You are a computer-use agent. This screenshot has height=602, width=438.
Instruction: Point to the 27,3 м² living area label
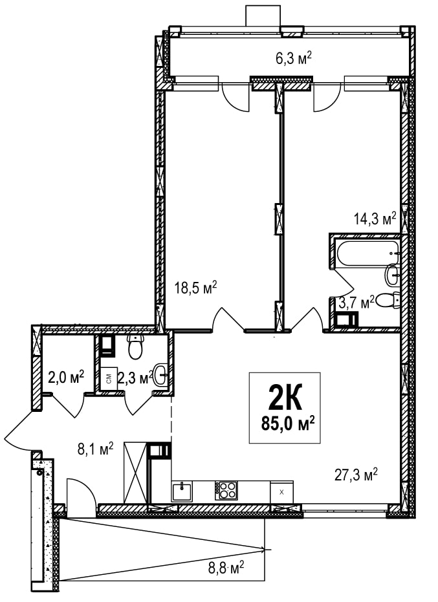coord(356,475)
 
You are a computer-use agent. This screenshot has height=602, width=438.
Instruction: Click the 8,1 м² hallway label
coord(95,449)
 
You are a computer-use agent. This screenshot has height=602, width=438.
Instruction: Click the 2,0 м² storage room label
coord(66,378)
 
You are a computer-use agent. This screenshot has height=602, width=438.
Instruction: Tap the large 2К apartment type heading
coord(285,398)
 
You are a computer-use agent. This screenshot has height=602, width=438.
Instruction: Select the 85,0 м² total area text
coord(288,424)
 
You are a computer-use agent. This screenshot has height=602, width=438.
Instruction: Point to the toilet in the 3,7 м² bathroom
coord(388,300)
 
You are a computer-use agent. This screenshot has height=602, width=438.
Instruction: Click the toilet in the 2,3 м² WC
coord(135,346)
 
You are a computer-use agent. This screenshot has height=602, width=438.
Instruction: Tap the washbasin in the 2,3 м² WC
coord(160,374)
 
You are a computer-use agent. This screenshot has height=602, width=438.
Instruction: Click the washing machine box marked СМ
coord(109,379)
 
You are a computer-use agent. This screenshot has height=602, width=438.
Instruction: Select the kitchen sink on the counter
coord(182,491)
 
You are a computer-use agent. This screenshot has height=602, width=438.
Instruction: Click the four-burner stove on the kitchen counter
coord(226,490)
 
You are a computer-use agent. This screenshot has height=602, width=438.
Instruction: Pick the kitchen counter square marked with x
coord(281,492)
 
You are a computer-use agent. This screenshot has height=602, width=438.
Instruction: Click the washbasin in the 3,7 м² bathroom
coord(392,275)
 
